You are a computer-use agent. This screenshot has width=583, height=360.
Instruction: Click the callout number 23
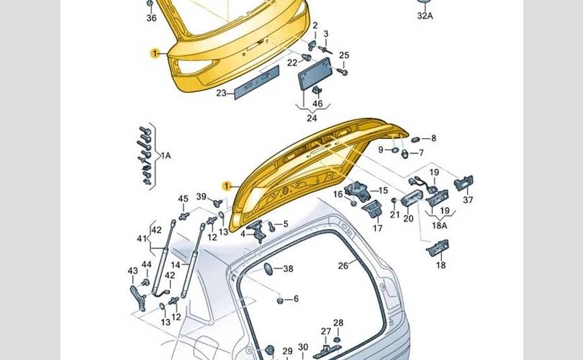(221, 93)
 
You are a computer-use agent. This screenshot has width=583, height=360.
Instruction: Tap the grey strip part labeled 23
(256, 82)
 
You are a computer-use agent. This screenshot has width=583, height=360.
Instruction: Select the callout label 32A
(425, 16)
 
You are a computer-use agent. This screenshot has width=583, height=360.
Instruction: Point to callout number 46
(317, 104)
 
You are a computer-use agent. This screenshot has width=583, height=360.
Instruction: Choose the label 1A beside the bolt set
(166, 156)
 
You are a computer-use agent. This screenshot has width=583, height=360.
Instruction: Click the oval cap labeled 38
(268, 269)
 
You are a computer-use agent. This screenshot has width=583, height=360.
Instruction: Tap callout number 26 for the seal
(343, 266)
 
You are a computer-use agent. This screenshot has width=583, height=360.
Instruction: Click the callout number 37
(468, 199)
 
